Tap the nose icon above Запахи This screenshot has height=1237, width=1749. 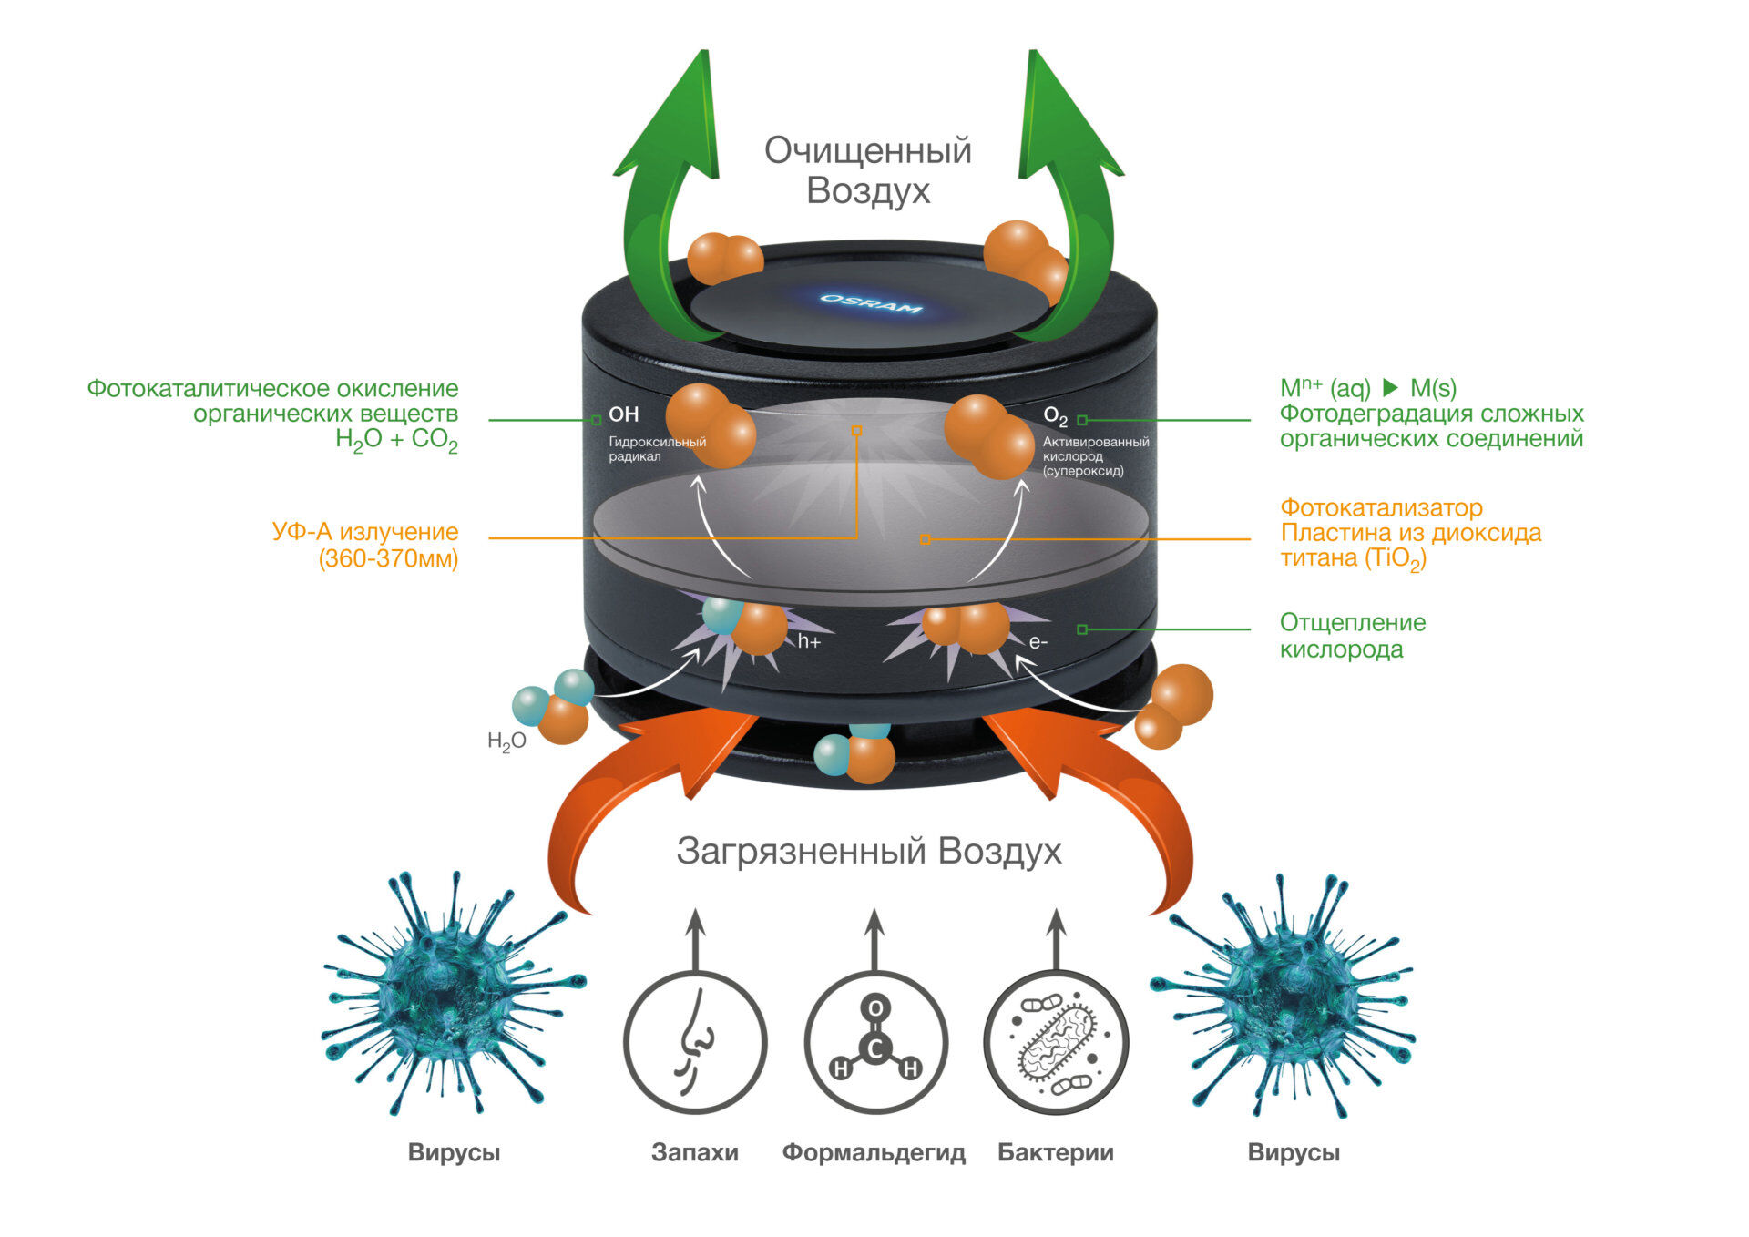695,1042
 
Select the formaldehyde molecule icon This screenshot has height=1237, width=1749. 875,1042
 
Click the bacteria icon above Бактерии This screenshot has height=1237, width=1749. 1056,1042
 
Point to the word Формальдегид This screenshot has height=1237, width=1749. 874,1152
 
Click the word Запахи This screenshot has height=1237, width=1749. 695,1152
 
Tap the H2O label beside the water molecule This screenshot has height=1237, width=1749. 506,741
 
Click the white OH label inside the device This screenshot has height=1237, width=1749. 624,414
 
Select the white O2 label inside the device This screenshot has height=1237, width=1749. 1055,417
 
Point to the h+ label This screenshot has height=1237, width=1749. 809,642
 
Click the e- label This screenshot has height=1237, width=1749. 1038,642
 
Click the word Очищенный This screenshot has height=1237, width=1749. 867,150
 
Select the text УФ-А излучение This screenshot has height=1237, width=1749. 365,532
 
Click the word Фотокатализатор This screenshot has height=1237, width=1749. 1381,507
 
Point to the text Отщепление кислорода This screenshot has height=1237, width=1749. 1353,636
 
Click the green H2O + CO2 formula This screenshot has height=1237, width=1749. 396,440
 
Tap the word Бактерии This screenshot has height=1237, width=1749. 1056,1152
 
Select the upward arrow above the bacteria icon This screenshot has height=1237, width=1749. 1056,938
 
